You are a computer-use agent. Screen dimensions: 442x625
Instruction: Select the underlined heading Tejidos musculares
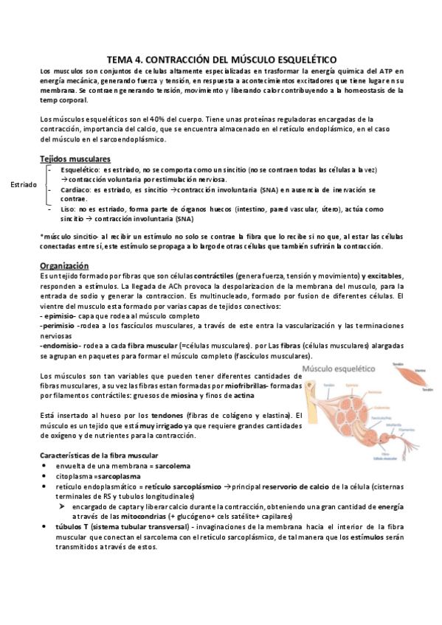click(x=75, y=159)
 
